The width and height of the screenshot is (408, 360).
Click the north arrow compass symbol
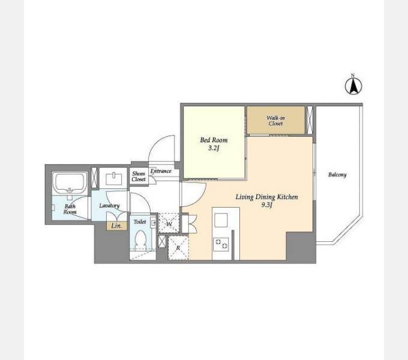353,86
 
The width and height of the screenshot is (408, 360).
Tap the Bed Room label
214,140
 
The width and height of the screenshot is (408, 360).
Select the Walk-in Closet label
275,121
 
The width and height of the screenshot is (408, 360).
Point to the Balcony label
337,175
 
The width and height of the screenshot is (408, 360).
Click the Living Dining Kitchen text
267,197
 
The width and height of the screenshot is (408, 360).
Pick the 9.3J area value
267,205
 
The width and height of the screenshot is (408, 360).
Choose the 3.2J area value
214,148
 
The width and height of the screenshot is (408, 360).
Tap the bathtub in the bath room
70,183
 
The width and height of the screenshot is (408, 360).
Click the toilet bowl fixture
141,238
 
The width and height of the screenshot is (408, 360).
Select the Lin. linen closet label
116,226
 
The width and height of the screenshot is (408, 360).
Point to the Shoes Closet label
139,176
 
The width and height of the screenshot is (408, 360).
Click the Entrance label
161,171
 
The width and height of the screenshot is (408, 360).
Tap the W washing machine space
169,223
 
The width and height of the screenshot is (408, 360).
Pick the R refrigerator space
178,248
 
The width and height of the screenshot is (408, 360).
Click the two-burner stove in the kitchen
221,244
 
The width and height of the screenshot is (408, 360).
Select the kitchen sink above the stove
221,220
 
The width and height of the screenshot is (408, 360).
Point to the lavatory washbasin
114,179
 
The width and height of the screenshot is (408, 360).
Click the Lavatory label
109,205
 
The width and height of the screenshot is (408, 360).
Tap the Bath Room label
70,209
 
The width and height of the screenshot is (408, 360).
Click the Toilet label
140,221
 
